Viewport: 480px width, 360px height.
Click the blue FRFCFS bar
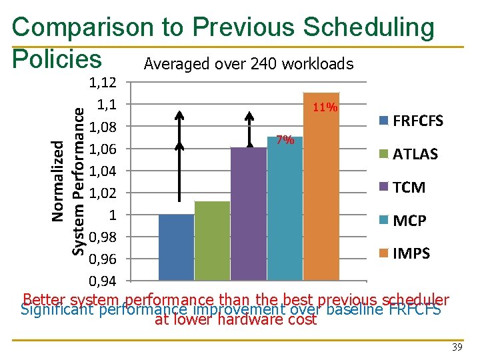tap(177, 247)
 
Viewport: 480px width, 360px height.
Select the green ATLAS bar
tap(213, 240)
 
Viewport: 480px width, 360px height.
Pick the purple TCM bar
tap(249, 213)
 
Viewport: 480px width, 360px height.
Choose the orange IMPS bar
tap(321, 187)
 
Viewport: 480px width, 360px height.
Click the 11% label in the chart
tap(325, 107)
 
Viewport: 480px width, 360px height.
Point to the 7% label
tap(285, 139)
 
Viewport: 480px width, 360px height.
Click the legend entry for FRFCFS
tap(411, 121)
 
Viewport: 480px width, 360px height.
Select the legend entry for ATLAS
tap(409, 154)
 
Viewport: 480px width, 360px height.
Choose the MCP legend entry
tap(403, 221)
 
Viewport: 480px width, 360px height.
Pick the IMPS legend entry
tap(405, 253)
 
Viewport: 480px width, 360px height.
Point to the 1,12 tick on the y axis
tap(103, 83)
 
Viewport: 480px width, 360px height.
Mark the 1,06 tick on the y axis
tap(103, 149)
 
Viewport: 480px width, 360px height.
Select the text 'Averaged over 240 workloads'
tap(248, 64)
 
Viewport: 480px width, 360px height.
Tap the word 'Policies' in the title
tap(57, 59)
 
